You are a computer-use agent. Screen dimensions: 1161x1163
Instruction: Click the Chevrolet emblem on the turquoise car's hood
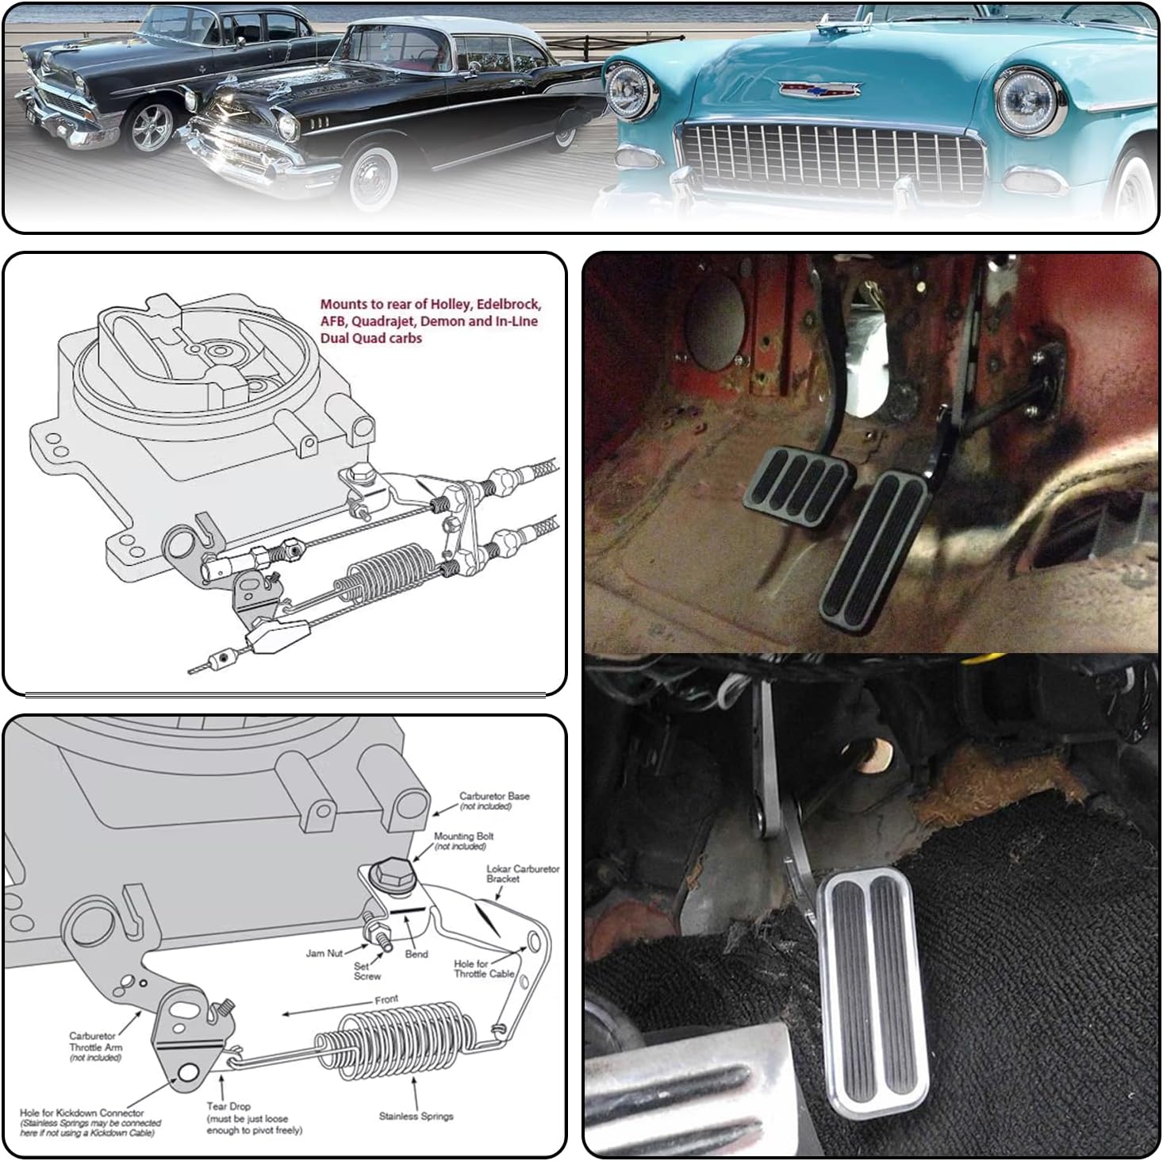(819, 89)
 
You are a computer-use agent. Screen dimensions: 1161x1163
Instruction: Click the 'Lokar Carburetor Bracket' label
(522, 874)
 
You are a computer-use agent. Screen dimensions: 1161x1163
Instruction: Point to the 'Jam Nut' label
(324, 953)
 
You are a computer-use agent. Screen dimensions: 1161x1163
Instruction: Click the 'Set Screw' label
(367, 971)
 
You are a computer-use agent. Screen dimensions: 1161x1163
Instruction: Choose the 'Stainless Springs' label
(416, 1116)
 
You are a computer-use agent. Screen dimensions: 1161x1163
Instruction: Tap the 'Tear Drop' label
(228, 1105)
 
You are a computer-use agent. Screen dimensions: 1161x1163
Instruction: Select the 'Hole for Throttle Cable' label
(483, 969)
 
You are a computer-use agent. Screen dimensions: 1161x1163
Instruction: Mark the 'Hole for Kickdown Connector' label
(83, 1113)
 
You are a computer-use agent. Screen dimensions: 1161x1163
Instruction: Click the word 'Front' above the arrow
(386, 999)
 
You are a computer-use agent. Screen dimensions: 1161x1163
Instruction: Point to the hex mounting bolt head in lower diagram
(391, 875)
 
